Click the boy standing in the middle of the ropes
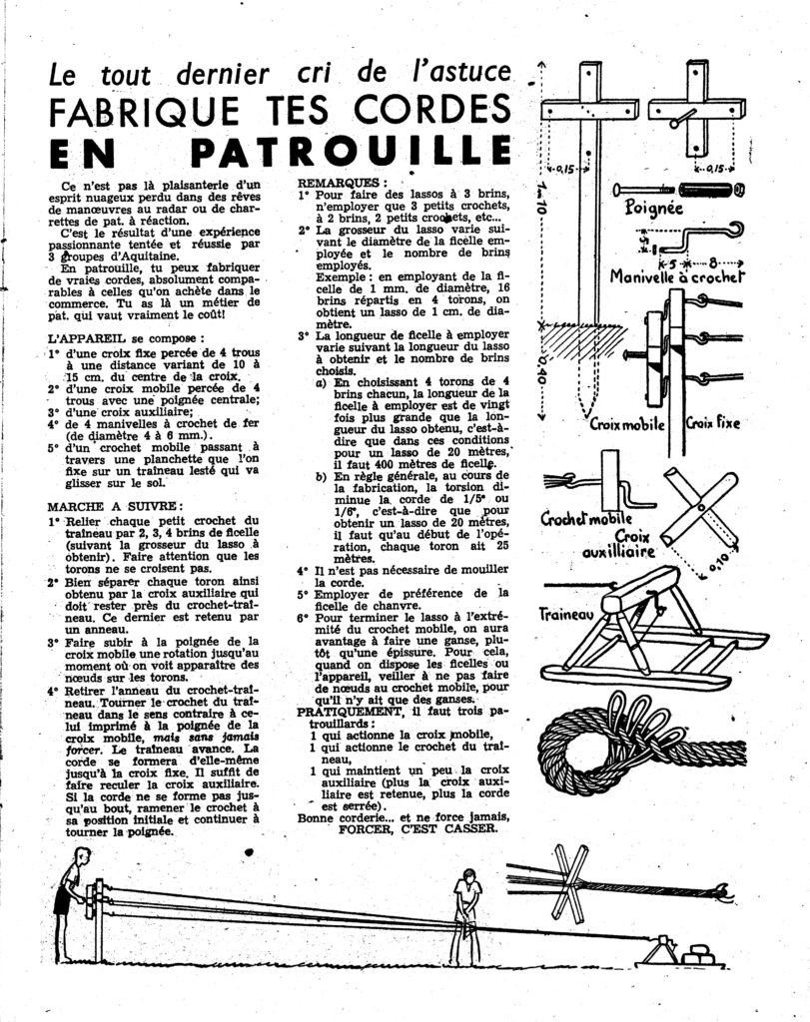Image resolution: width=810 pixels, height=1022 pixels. tap(465, 913)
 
